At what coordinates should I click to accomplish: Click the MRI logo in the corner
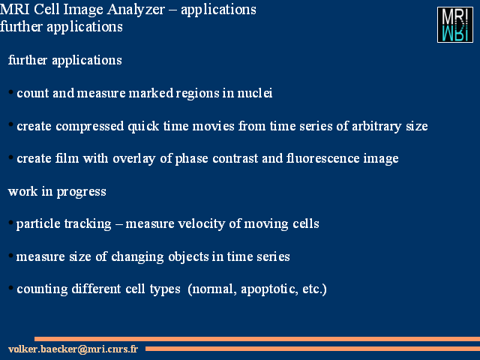(455, 25)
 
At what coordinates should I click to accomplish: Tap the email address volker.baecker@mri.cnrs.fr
(73, 349)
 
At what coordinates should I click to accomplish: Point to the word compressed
(90, 127)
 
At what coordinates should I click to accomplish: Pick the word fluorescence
(322, 158)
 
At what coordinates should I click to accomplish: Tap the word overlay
(133, 159)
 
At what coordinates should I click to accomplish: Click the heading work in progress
(57, 192)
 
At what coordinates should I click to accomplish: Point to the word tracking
(88, 224)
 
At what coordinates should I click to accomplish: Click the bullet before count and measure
(10, 92)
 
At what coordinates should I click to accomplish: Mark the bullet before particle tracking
(10, 223)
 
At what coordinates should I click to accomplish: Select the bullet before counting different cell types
(10, 288)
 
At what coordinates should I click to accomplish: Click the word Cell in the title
(46, 10)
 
